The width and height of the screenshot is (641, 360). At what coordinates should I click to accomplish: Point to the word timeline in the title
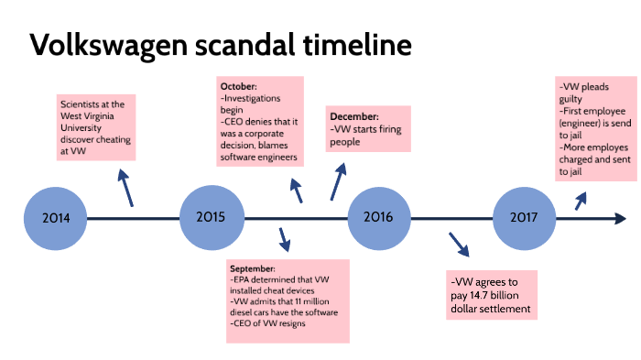pyautogui.click(x=356, y=45)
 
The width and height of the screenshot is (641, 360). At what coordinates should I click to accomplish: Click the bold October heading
pyautogui.click(x=239, y=86)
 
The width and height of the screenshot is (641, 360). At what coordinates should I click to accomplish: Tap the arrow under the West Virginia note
pyautogui.click(x=125, y=187)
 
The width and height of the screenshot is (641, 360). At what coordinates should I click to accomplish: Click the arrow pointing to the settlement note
pyautogui.click(x=457, y=245)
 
